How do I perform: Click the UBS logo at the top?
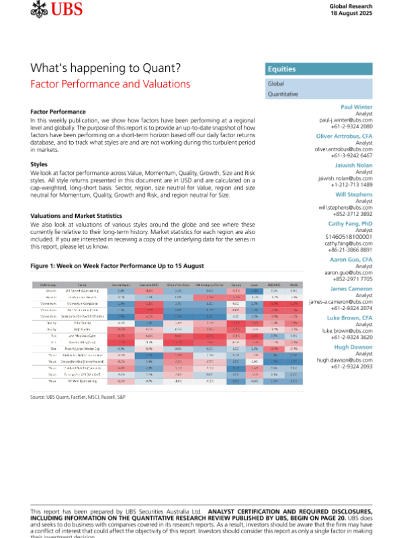click(x=55, y=10)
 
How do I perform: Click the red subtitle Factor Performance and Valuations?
click(x=111, y=84)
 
